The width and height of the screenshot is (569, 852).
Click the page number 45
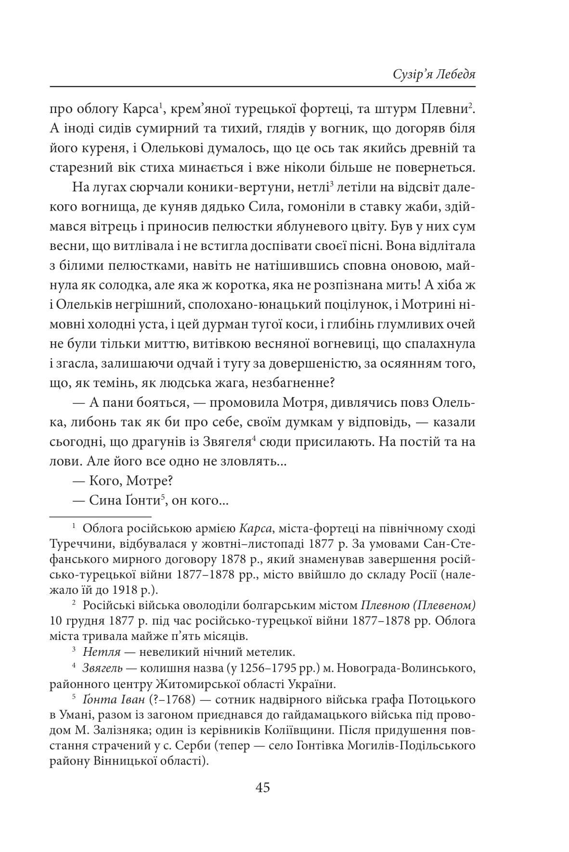tap(263, 788)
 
